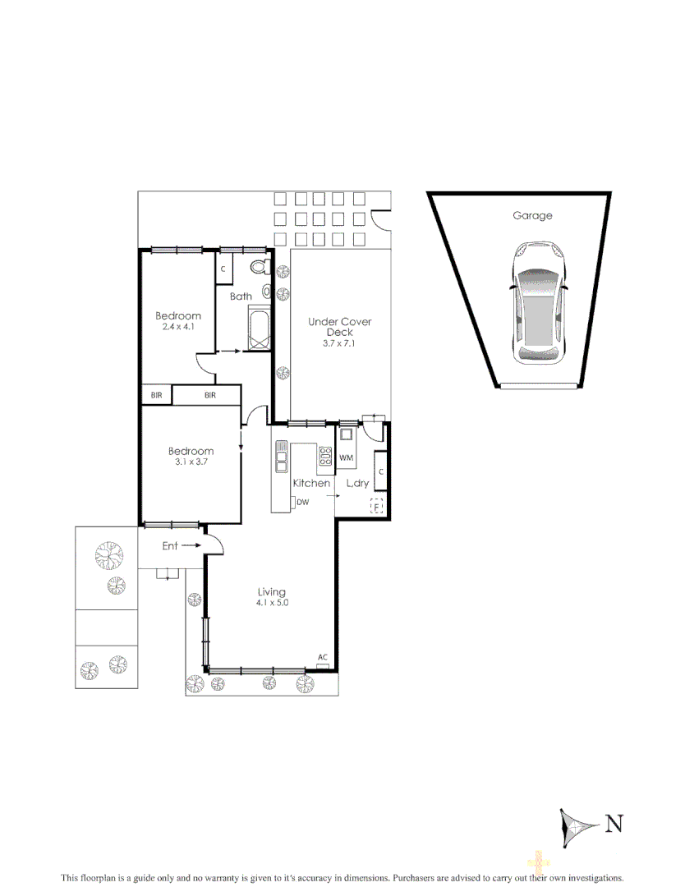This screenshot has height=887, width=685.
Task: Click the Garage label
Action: (x=532, y=216)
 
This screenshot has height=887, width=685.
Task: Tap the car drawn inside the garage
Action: (x=538, y=303)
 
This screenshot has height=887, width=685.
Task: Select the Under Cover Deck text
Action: (x=339, y=327)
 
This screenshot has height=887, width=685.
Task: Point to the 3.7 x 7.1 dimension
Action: (x=339, y=343)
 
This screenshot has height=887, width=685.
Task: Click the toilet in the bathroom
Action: (x=260, y=267)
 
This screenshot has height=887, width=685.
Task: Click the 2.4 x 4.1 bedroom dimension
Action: (x=178, y=327)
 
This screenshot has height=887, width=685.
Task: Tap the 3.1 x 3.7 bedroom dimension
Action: (x=191, y=462)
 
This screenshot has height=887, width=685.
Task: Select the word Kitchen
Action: (x=311, y=484)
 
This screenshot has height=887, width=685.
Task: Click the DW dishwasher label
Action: (x=302, y=502)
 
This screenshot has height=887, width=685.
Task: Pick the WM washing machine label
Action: (x=346, y=457)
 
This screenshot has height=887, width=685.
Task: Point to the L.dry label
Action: (x=357, y=484)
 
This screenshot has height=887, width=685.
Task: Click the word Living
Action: (x=272, y=591)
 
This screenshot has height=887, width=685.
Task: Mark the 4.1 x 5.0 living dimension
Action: (x=272, y=603)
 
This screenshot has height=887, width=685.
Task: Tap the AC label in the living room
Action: (x=323, y=657)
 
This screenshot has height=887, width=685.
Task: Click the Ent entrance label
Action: (x=170, y=545)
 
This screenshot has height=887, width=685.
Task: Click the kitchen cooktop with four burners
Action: (x=324, y=456)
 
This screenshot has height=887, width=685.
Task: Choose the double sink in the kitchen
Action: (x=282, y=457)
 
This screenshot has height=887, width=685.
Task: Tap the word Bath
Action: (x=241, y=296)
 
